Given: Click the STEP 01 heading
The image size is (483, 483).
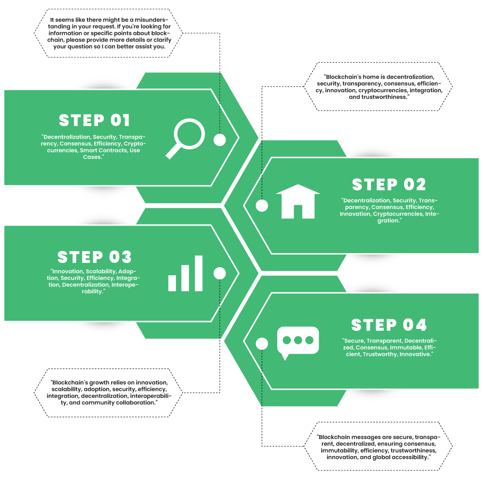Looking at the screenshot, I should point(95,120).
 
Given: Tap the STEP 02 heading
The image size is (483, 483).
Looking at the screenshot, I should point(389,185).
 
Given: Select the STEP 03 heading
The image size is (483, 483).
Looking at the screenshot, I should point(95,257).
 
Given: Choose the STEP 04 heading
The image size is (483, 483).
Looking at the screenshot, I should point(389,325).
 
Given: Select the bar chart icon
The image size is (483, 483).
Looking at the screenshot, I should point(185,274).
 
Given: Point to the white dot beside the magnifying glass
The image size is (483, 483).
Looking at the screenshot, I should point(220,140).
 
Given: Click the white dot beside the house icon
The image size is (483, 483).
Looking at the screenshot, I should point(262,206).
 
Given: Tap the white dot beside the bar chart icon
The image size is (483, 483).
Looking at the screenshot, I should point(220,273).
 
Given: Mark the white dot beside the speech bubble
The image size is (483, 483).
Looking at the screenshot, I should point(262,344).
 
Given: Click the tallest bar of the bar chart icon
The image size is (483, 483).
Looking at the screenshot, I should point(199,273).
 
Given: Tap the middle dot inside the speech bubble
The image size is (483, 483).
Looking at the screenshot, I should point(298,340).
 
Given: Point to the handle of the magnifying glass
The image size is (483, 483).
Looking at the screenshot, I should point(173,151).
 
